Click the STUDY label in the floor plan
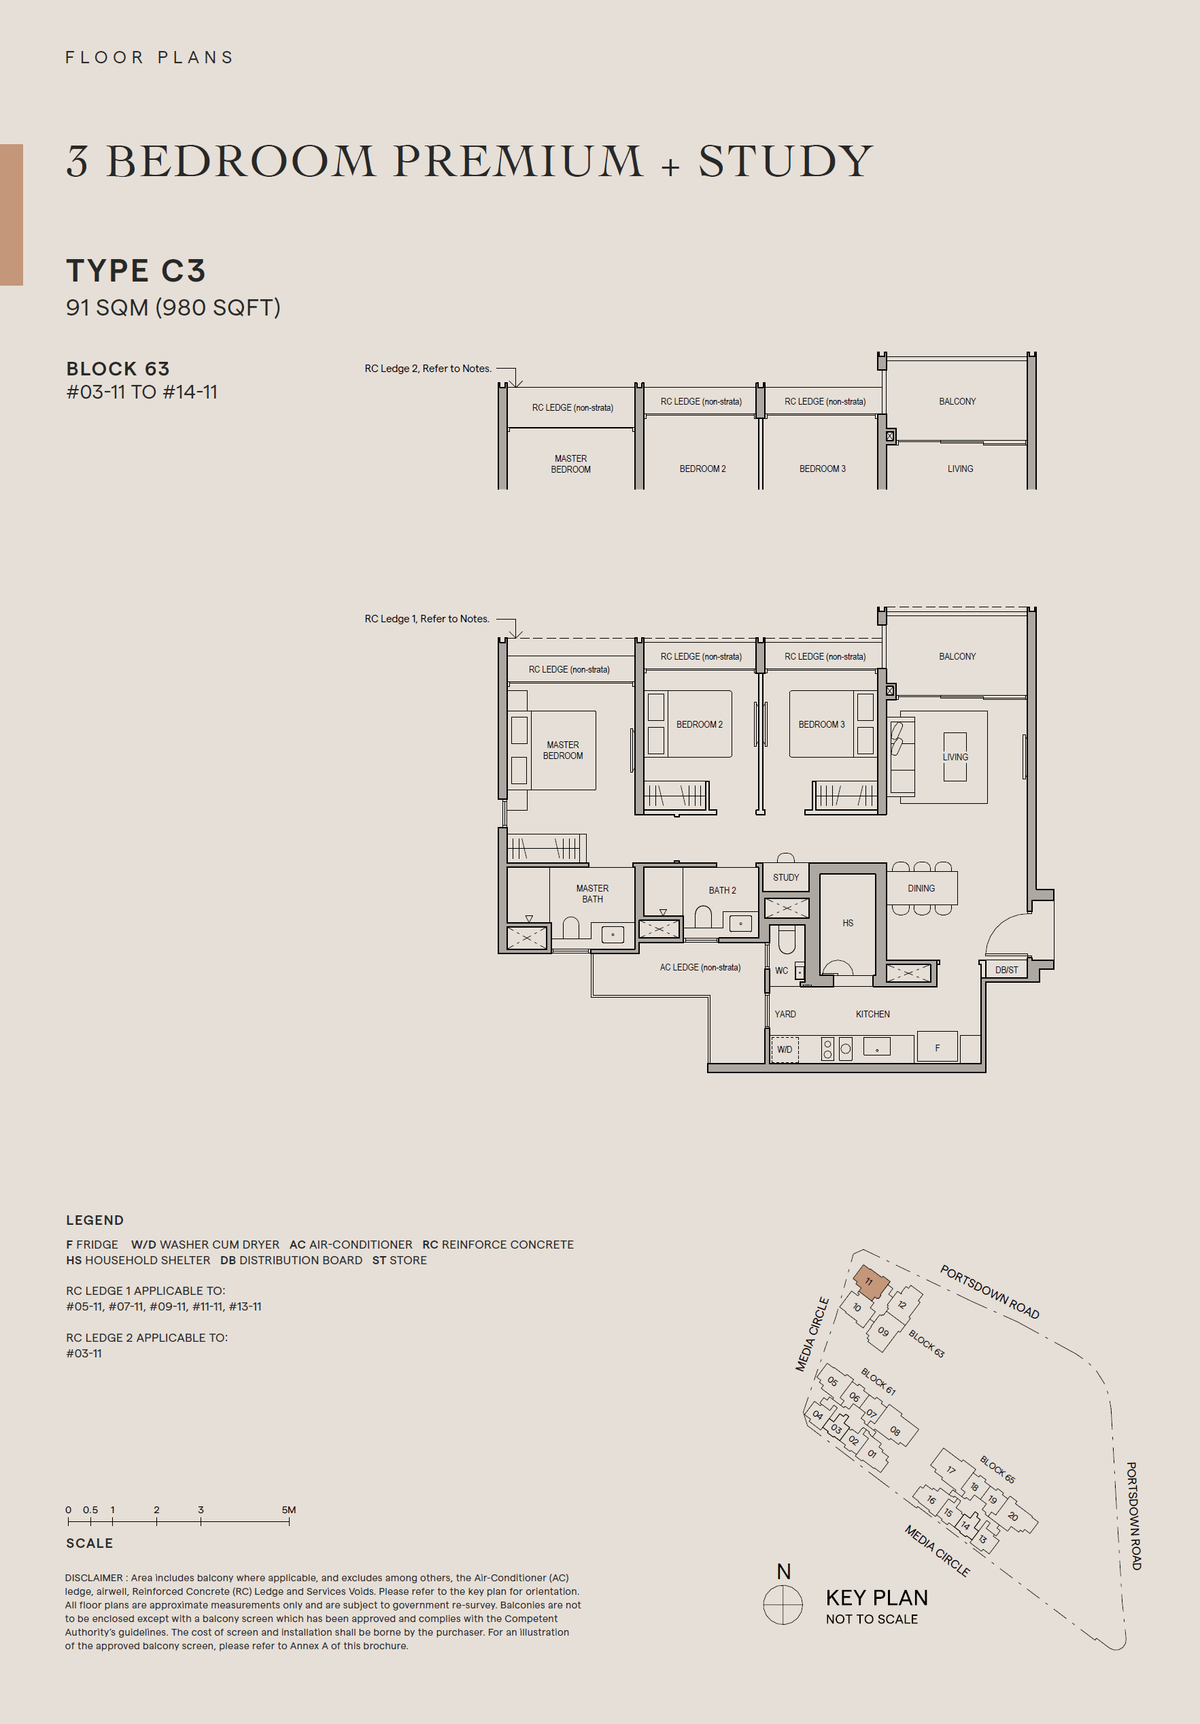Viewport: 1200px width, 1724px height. (x=786, y=877)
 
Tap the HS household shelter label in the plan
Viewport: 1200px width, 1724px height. (x=847, y=923)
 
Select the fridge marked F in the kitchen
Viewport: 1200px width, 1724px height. (x=937, y=1047)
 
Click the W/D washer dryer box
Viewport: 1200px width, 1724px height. (x=784, y=1049)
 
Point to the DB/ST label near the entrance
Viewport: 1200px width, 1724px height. (x=1006, y=969)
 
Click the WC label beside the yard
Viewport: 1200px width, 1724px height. (x=781, y=970)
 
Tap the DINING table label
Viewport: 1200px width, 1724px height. (x=921, y=888)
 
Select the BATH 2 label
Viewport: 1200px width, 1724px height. (x=722, y=890)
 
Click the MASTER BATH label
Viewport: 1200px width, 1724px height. (x=592, y=894)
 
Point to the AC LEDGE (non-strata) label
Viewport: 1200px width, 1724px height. (x=700, y=967)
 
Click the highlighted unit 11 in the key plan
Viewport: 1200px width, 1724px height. (x=870, y=1283)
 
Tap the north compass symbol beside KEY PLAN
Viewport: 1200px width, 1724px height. (x=783, y=1604)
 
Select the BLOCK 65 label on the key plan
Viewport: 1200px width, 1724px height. (x=997, y=1470)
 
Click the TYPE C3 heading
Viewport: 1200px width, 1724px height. (x=136, y=270)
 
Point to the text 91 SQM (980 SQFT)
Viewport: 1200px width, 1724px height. (x=173, y=307)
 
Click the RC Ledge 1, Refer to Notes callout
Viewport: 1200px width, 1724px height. (x=426, y=619)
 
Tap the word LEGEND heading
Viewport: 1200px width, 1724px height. (x=95, y=1220)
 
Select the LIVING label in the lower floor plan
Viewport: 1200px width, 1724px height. (x=955, y=757)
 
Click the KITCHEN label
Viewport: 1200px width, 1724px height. (x=872, y=1014)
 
